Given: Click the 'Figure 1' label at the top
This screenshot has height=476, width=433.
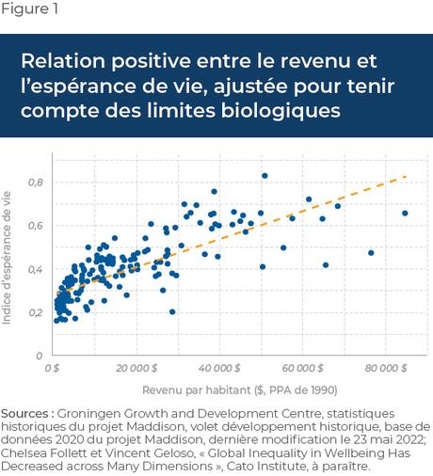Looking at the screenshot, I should coord(29,11).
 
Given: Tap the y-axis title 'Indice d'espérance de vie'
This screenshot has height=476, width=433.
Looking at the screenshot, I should coord(8,257).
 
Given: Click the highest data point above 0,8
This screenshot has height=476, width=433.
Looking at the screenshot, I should coord(265,176).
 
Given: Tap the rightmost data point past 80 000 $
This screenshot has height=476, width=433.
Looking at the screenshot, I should coord(405,214).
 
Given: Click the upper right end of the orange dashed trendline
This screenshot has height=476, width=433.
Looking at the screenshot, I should coord(406,176).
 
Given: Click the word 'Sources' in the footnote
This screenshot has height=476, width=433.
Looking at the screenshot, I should coord(26,413).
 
